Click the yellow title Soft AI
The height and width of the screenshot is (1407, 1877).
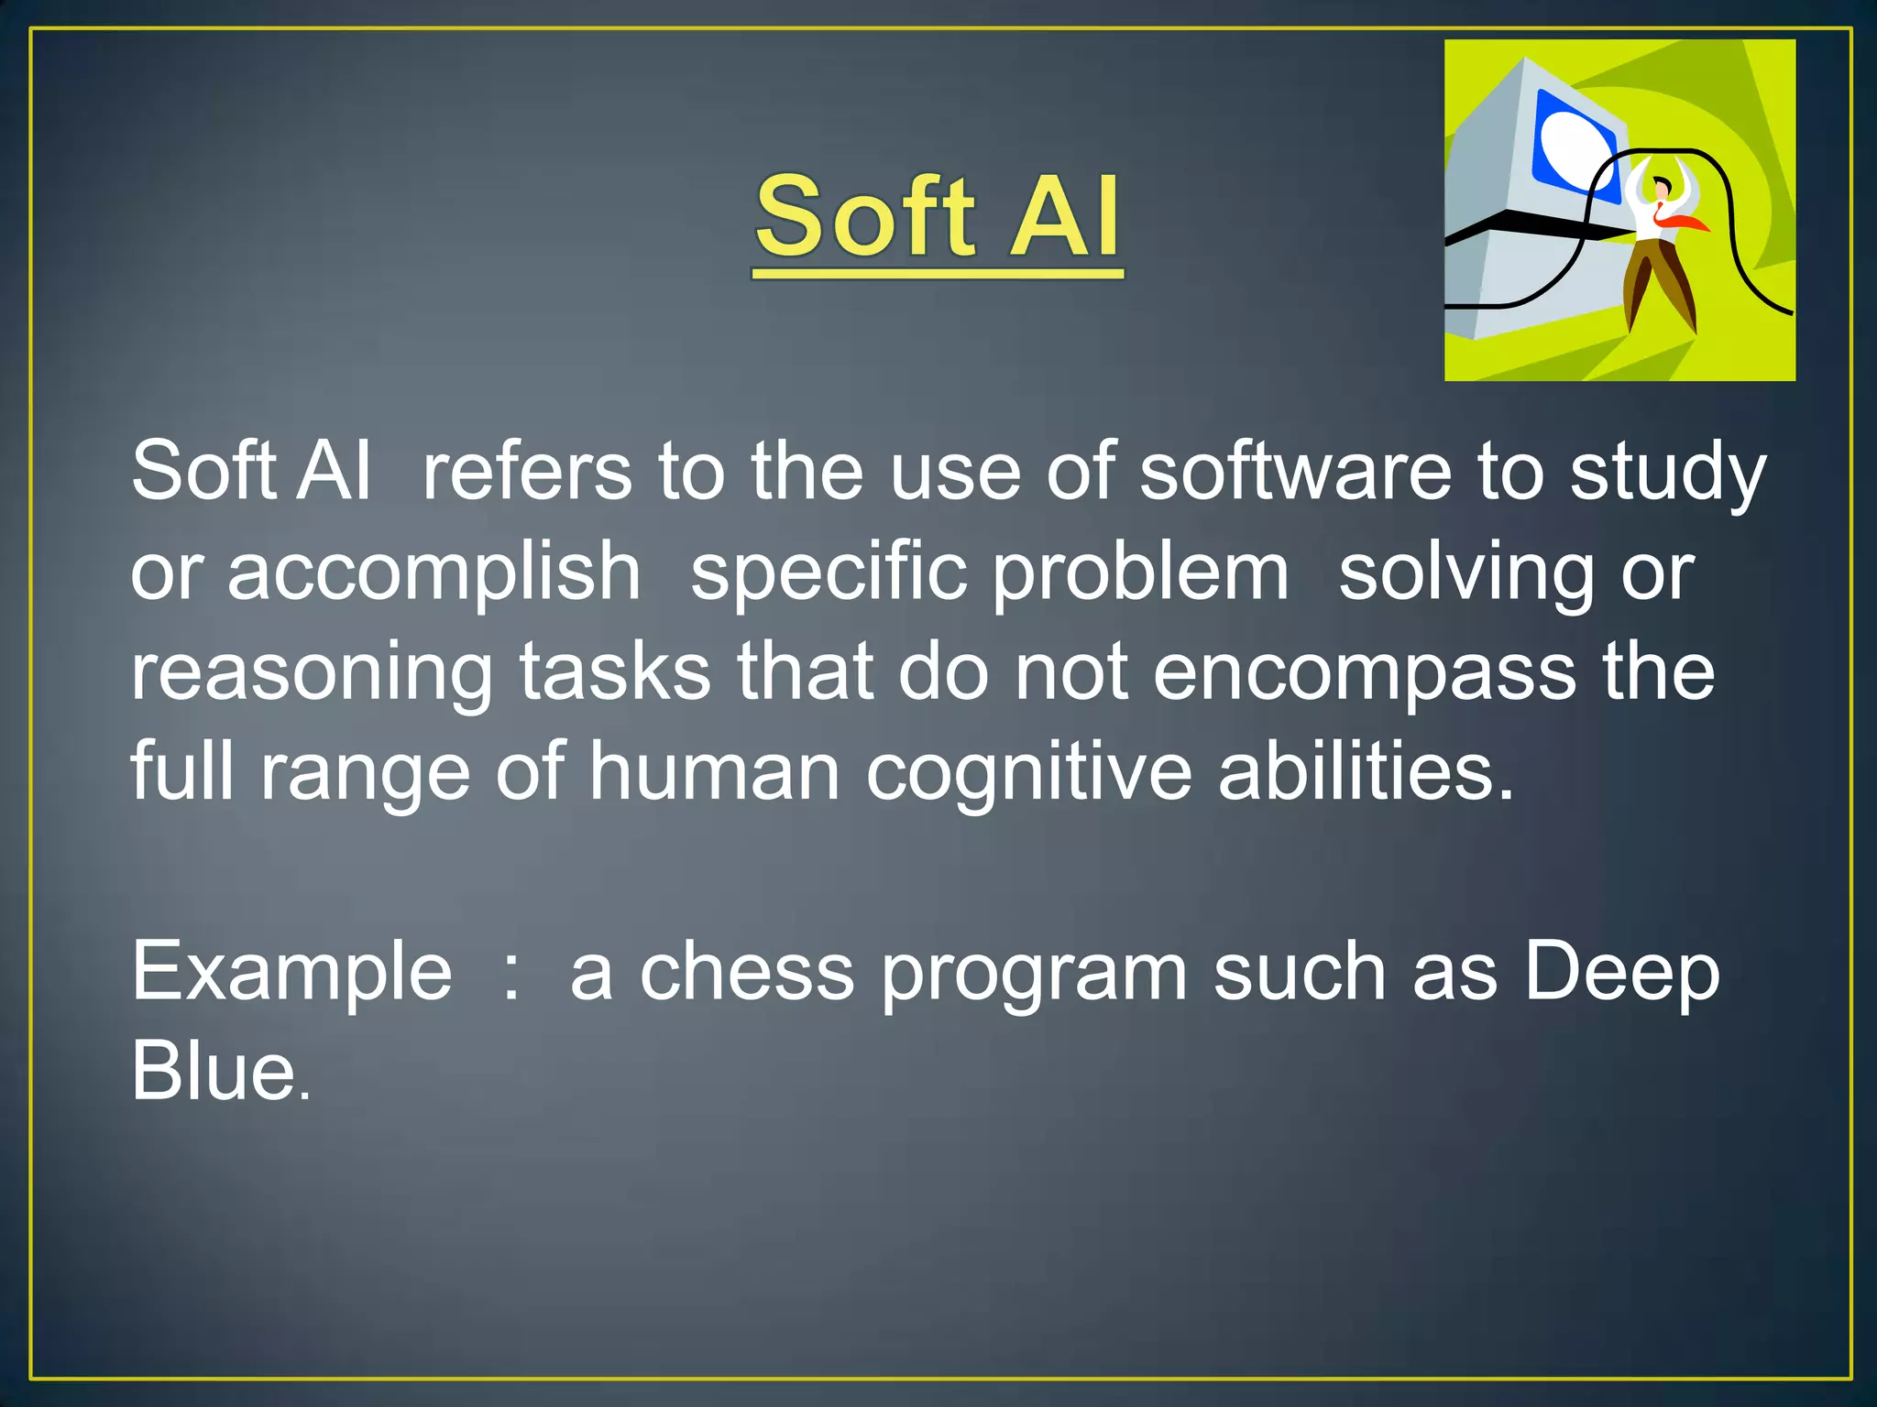(x=938, y=217)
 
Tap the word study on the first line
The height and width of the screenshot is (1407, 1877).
(x=1667, y=471)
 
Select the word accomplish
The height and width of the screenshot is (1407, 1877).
(x=434, y=572)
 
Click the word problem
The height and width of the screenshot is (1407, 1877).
(x=1141, y=572)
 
